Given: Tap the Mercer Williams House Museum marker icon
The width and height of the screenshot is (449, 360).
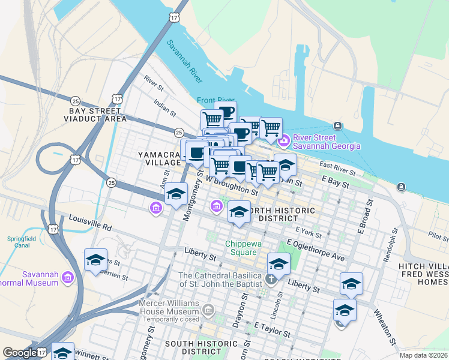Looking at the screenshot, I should tap(208, 310).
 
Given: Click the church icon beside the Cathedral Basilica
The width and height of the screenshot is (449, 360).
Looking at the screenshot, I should tap(271, 278).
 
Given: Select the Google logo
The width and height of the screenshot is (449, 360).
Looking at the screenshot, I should tap(20, 353).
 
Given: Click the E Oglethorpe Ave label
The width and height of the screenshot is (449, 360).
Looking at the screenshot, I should tap(316, 250).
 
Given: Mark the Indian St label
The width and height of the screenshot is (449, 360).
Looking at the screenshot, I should tap(164, 107).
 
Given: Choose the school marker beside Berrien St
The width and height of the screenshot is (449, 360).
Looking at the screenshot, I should tap(95, 261).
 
